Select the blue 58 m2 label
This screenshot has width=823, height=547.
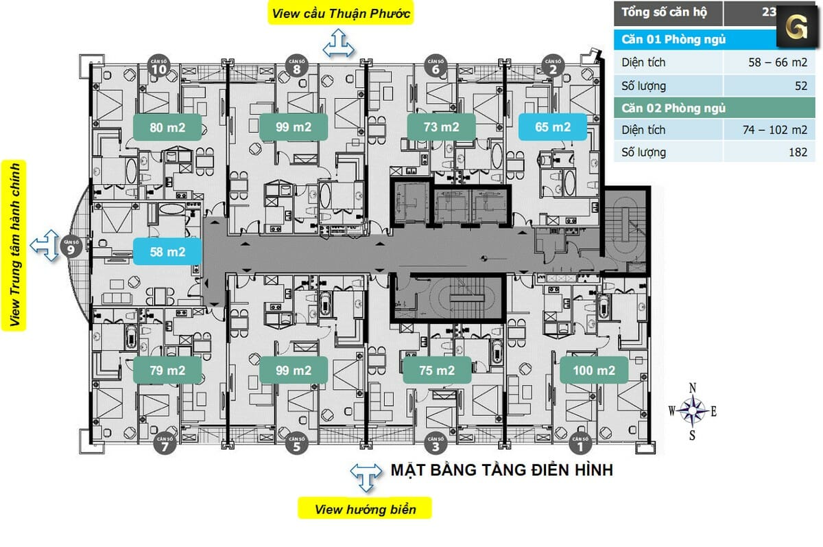(168, 252)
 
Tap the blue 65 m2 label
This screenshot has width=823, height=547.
(553, 127)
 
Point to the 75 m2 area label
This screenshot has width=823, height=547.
(437, 371)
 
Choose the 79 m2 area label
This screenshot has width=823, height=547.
(168, 371)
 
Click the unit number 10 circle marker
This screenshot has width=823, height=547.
(159, 65)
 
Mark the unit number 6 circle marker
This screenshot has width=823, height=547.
(436, 65)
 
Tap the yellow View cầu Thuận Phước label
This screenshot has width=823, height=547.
(341, 13)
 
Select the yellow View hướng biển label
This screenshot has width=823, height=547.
(366, 509)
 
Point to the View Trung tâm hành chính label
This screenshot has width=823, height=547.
(14, 244)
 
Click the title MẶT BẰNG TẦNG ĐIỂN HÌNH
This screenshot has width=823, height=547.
(501, 471)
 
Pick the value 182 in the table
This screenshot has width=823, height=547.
(798, 152)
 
